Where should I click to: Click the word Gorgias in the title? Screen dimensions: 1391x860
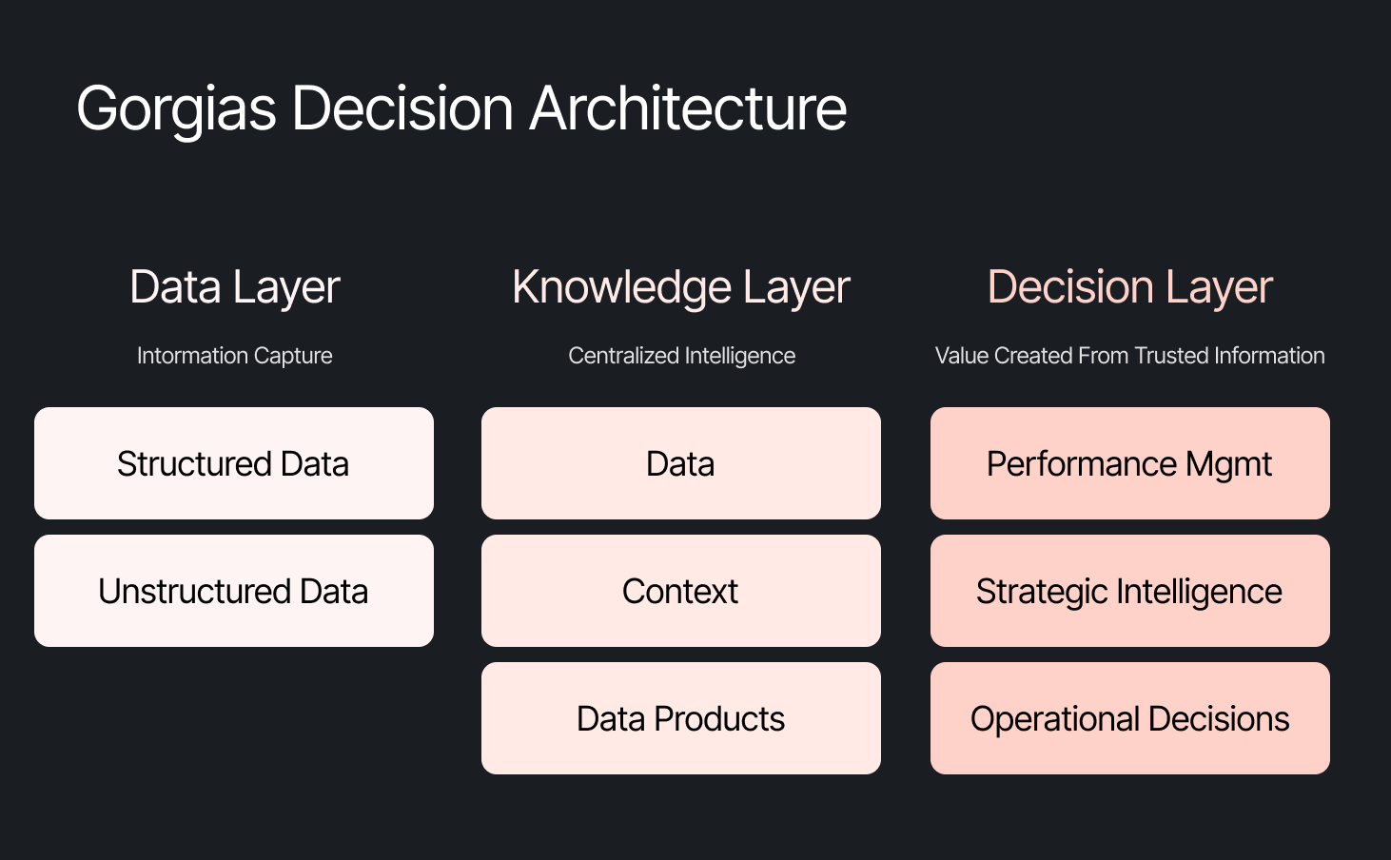176,108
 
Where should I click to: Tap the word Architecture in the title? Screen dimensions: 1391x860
688,108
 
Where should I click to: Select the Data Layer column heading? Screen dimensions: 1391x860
234,287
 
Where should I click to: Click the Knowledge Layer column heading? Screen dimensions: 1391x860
680,287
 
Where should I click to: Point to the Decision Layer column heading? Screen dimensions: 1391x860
1129,287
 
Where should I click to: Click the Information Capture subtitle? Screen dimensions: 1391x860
234,356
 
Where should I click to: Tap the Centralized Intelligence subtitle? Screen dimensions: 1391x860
681,356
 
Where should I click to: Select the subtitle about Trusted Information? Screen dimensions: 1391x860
1129,356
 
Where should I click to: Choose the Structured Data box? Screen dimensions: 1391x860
234,463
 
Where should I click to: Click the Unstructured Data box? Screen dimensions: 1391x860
234,591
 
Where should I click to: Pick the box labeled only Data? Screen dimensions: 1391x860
681,463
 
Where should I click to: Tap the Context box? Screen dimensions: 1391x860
681,591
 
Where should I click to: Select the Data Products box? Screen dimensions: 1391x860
681,718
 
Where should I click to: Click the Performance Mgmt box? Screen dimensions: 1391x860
1129,463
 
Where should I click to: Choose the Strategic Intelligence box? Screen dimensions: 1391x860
1129,591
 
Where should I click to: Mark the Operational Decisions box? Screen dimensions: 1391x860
1129,718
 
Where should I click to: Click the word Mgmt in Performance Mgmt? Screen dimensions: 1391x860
1228,465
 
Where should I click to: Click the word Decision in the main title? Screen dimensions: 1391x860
402,108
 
